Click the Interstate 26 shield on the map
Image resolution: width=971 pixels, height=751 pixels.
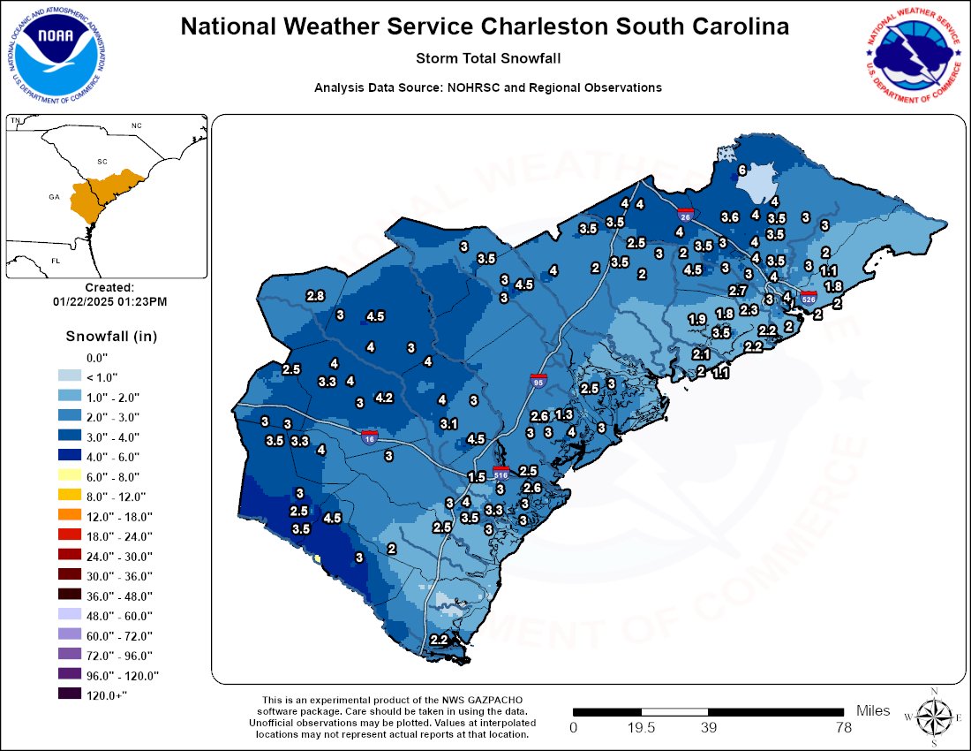[x=685, y=214]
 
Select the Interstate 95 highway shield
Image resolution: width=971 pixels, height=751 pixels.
[x=538, y=381]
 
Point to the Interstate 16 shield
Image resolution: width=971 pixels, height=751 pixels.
[x=370, y=436]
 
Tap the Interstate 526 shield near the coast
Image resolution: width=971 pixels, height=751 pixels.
[x=809, y=299]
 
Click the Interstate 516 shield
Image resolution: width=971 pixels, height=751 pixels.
[x=501, y=472]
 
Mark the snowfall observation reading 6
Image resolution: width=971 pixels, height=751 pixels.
[x=742, y=170]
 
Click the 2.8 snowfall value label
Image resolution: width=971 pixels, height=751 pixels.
[x=315, y=295]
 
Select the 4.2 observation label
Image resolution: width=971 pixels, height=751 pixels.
[x=384, y=398]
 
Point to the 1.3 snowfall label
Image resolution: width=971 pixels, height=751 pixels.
[x=564, y=414]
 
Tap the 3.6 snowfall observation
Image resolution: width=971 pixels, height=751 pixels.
[x=729, y=216]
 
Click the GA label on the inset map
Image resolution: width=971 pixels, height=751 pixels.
[x=54, y=198]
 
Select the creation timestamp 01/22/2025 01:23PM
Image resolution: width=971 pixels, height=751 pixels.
[x=109, y=301]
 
